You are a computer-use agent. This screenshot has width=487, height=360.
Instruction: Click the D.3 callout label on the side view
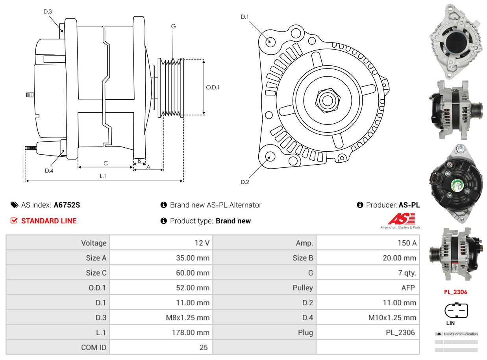coord(48,11)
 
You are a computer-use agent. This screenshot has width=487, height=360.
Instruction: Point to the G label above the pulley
coord(173,26)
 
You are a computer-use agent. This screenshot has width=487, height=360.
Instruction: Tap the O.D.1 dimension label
coord(213,87)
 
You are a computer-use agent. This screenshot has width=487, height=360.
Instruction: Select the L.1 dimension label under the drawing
coord(103,176)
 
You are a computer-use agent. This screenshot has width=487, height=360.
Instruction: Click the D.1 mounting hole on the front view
coord(270,41)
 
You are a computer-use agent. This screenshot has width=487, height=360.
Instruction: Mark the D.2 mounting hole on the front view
coord(270,156)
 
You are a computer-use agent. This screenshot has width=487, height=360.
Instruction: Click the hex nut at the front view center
coord(326,100)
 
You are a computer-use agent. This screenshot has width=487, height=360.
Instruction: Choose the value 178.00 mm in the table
coord(193,332)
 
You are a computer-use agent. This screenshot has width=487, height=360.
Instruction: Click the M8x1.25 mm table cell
coord(188,317)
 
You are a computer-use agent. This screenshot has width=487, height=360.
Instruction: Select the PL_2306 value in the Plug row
coord(400,332)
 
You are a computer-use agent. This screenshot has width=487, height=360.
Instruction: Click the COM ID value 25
coord(203,347)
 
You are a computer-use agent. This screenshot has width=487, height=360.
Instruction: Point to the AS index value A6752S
coord(67,205)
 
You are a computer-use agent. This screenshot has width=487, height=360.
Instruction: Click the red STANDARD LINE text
coord(49,221)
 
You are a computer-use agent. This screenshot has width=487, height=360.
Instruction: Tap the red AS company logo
coord(401,219)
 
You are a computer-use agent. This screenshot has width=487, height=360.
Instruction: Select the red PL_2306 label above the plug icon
coord(456,292)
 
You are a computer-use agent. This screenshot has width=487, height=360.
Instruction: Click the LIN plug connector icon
coord(456,310)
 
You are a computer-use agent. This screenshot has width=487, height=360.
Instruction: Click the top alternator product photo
coord(456,41)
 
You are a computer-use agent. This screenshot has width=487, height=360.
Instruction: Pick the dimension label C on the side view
coord(106,163)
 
